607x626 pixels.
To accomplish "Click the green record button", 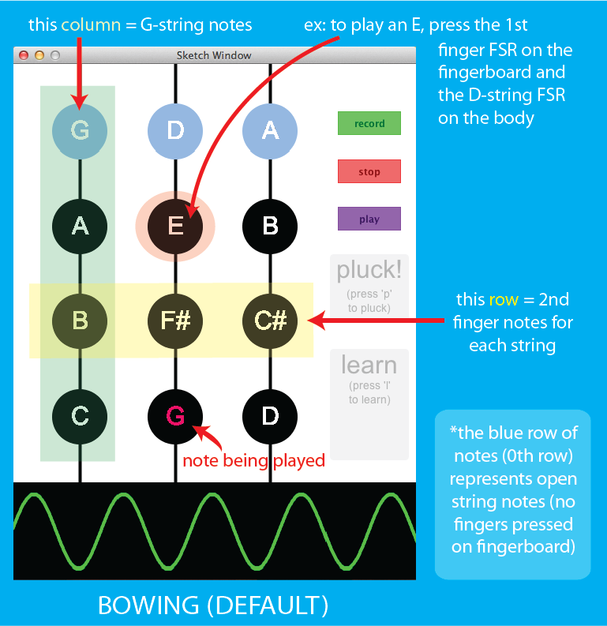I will coord(369,123).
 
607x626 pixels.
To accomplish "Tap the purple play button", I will coord(369,219).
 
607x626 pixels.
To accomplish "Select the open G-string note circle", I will coord(80,130).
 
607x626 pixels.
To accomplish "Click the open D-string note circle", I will coord(175,130).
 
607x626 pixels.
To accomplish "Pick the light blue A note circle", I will coord(270,130).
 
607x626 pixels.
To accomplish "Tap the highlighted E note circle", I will coord(175,226).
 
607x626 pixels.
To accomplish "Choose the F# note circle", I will coord(175,320).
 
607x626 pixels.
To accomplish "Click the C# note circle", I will coord(270,320).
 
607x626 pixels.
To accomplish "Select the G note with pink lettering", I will coord(175,415).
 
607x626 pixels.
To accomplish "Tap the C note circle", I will coord(80,415).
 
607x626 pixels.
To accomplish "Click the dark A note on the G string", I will coord(80,226).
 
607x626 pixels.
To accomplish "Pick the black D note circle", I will coord(270,415).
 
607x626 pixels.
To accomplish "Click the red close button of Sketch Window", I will coord(24,55).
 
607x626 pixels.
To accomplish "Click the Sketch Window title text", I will coord(214,55).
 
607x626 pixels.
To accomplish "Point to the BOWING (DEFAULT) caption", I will coord(213,605).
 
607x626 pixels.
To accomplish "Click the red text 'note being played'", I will coord(253,460).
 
